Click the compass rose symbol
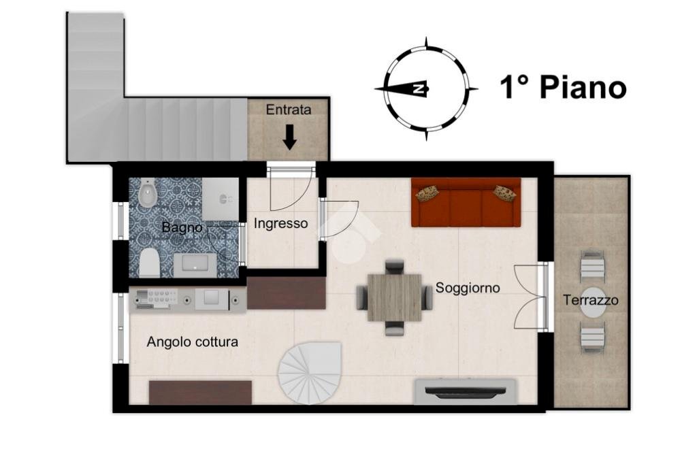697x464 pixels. coord(425,89)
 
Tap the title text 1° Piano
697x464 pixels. coord(563,88)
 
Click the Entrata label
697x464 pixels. coord(288,110)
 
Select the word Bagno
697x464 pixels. coord(181,227)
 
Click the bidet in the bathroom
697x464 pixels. coord(146,196)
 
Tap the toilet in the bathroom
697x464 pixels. coord(148,262)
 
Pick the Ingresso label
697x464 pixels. coord(280,223)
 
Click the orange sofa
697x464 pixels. coord(466,203)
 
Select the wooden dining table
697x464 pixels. coord(395,297)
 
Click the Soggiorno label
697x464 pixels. coord(468,288)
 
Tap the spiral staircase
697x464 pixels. coord(310,373)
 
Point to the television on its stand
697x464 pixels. coord(466,392)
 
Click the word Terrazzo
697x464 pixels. coord(591,300)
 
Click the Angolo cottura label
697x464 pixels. coord(193,342)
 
